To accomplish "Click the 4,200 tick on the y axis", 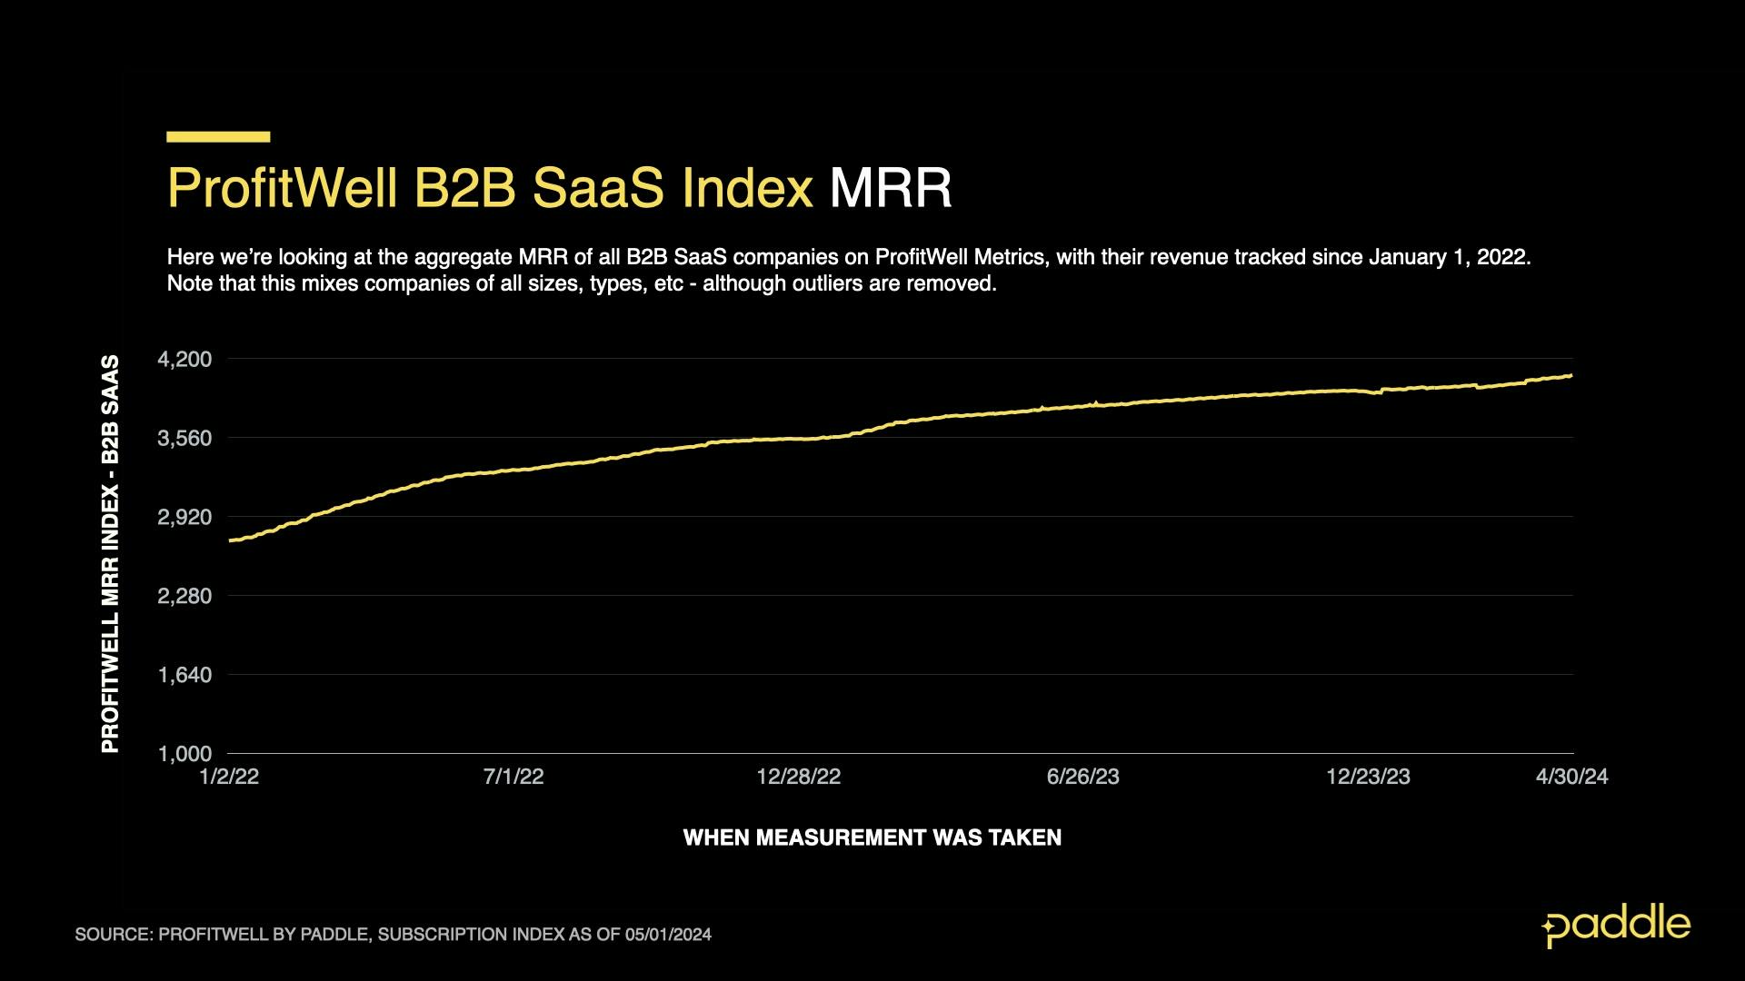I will point(184,360).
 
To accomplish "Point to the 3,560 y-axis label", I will point(184,439).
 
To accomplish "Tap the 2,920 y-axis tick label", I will point(184,518).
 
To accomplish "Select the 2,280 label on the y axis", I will point(184,597).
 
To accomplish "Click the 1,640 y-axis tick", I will point(184,676).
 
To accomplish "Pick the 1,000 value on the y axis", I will point(184,754).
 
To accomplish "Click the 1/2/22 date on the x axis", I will point(229,777).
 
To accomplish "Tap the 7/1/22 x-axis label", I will point(514,777).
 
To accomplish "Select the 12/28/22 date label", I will point(799,777).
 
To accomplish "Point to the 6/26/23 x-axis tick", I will point(1083,777).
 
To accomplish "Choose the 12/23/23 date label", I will point(1368,777).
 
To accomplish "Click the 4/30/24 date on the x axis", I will point(1571,777).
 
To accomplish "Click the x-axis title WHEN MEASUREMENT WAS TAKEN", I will point(872,837).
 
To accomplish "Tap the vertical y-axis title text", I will point(110,554).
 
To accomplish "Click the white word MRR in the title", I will point(890,188).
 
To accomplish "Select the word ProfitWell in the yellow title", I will point(283,188).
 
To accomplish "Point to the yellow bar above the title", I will point(218,137).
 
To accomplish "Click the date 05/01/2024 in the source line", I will point(668,935).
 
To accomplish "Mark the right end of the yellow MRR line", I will point(1570,375).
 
